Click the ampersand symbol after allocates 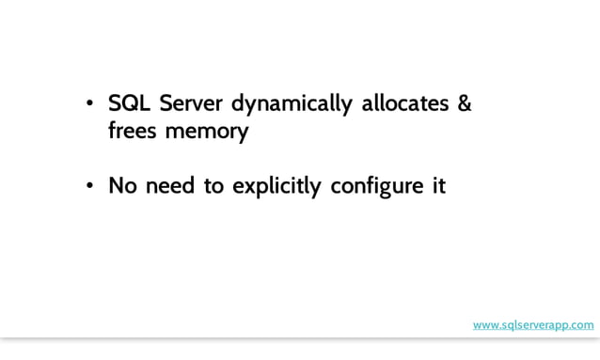click(x=464, y=103)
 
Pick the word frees click(x=134, y=131)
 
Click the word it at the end click(x=437, y=186)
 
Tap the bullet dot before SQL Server click(x=89, y=104)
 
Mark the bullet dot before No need click(x=89, y=187)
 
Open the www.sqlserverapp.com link click(x=533, y=325)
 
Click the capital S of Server click(x=161, y=103)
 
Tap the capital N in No click(x=117, y=186)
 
